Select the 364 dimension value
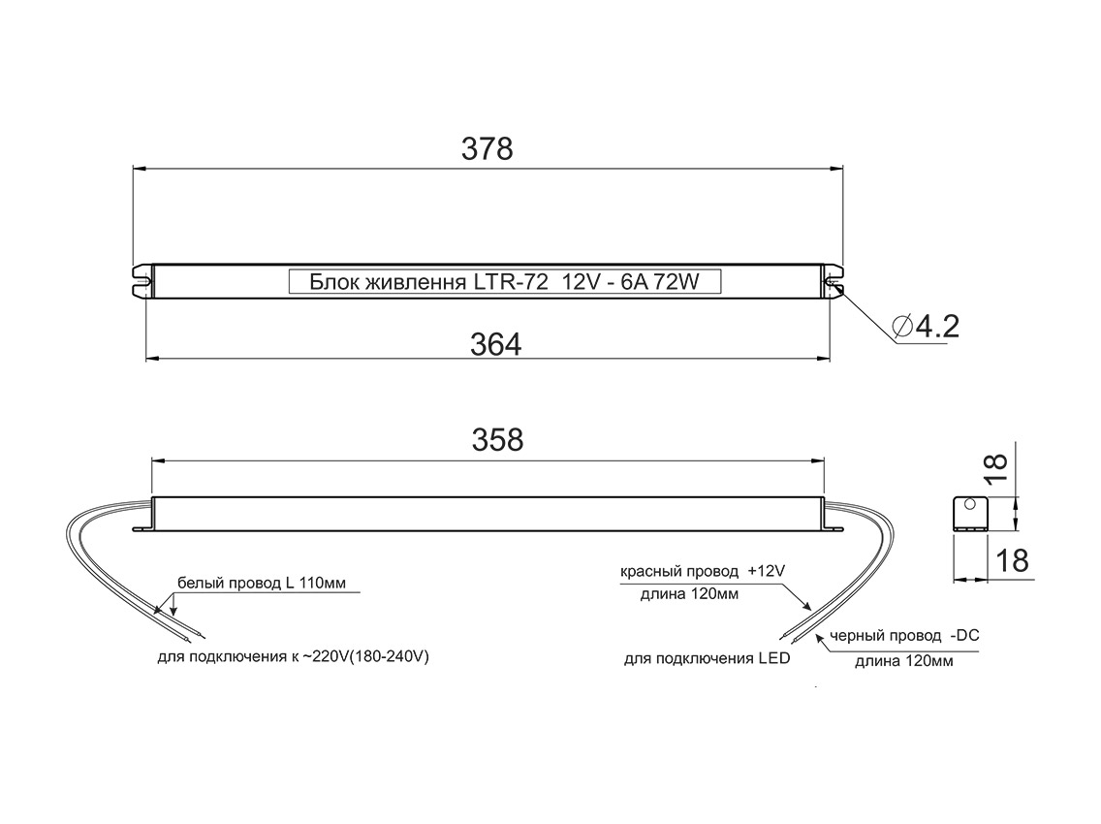point(497,343)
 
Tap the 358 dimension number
point(497,439)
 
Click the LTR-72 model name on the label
point(511,282)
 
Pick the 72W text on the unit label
point(676,282)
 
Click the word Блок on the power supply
point(331,282)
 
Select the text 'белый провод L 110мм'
point(261,584)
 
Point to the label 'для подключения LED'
point(707,659)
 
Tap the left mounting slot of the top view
point(142,281)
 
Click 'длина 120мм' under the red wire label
point(689,594)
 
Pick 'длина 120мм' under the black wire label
point(903,661)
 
